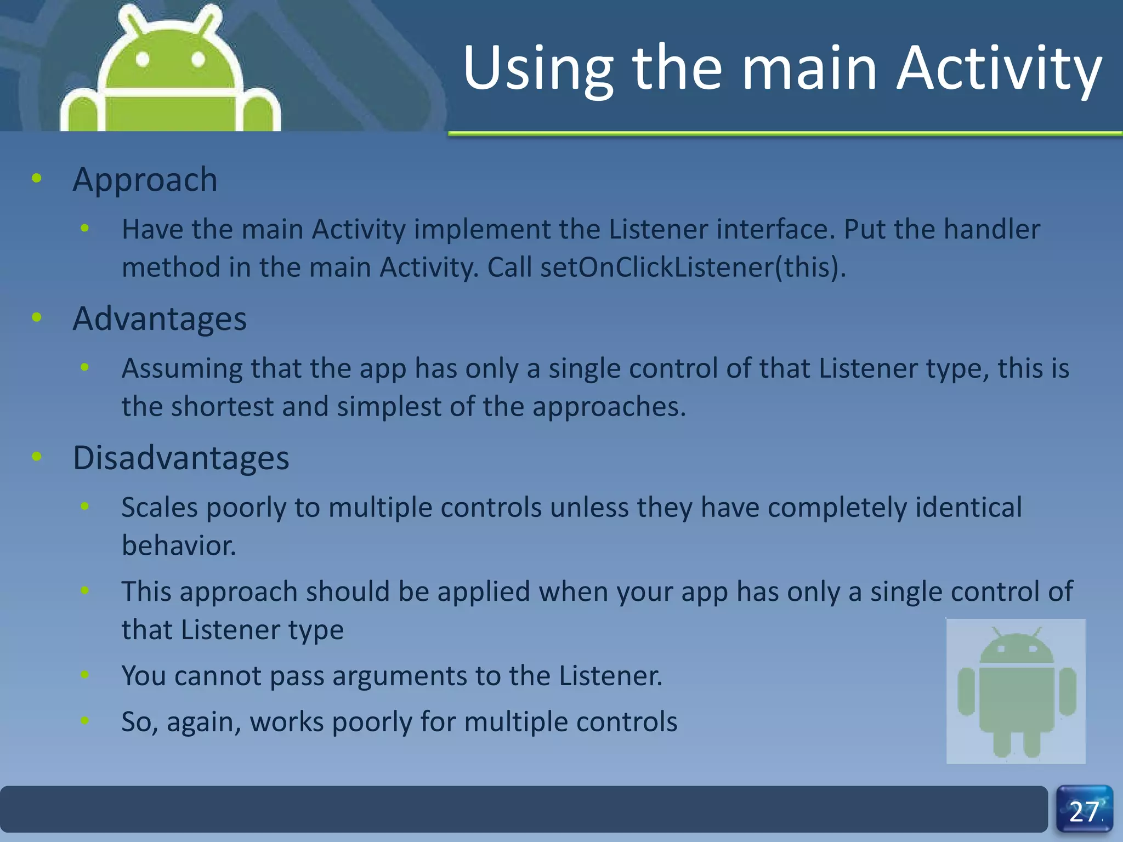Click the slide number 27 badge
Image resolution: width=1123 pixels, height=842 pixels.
click(1084, 811)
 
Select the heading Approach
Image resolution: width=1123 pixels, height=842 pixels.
click(145, 180)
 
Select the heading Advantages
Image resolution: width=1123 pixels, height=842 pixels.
click(160, 319)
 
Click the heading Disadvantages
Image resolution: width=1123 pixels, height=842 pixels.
click(181, 458)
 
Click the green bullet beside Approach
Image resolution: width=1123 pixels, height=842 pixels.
click(37, 178)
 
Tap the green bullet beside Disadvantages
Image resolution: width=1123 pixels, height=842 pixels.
click(37, 456)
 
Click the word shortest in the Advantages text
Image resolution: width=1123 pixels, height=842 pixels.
click(222, 407)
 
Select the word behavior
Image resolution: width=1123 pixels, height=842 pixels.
click(179, 546)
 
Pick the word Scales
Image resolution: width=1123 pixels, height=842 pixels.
click(160, 508)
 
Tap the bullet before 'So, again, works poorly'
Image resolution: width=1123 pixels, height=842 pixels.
click(84, 720)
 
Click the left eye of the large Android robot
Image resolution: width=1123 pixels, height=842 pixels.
click(143, 59)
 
